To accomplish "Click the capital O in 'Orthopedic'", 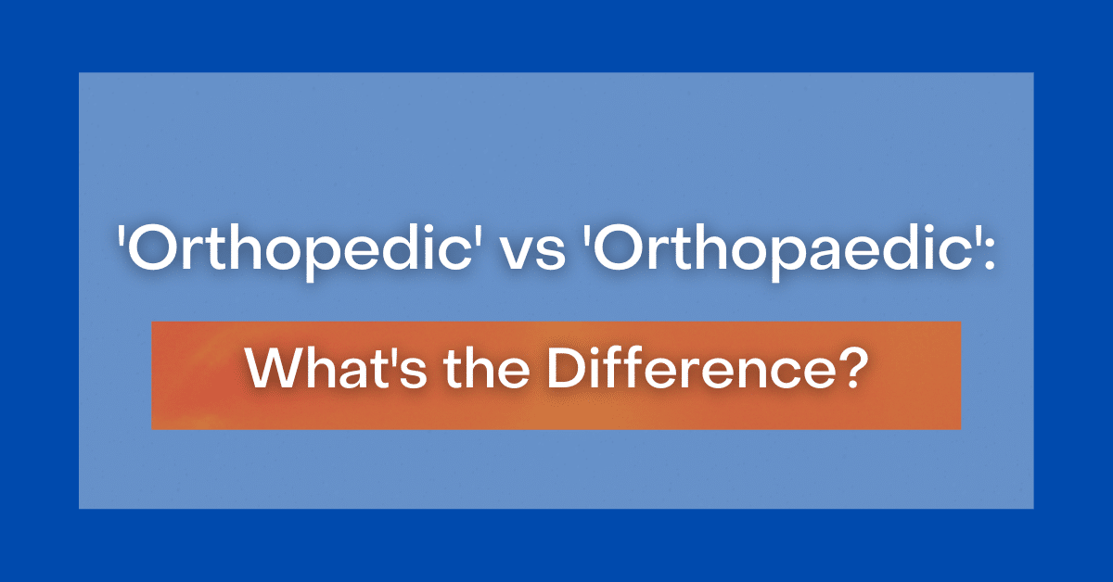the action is pyautogui.click(x=150, y=248).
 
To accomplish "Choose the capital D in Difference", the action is pyautogui.click(x=566, y=369).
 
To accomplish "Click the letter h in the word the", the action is pyautogui.click(x=481, y=369).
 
